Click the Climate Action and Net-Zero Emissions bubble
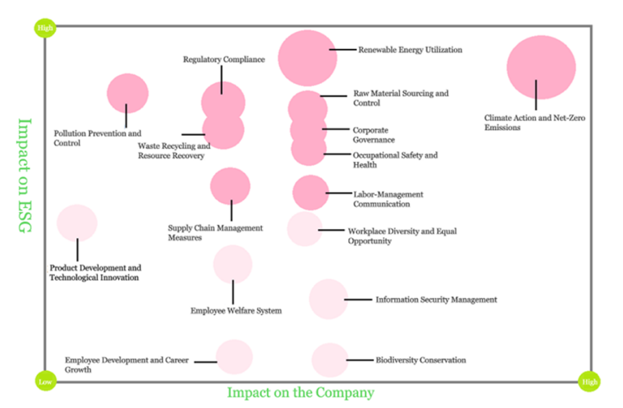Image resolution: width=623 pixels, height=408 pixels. [x=541, y=67]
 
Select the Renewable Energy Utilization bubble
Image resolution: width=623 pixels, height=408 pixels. [x=307, y=58]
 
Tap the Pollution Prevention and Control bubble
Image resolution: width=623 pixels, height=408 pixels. [x=128, y=93]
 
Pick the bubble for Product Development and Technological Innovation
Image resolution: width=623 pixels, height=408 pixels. [x=77, y=223]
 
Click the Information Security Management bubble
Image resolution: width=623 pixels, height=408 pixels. [x=328, y=299]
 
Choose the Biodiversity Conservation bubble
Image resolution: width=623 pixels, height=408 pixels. [x=330, y=360]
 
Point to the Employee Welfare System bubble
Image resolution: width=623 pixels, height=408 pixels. [x=233, y=264]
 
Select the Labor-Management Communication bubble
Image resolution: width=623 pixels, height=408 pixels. [x=310, y=193]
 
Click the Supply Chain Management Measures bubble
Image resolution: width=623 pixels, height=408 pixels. [x=230, y=186]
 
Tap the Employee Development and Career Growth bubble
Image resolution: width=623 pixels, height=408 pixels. [x=234, y=357]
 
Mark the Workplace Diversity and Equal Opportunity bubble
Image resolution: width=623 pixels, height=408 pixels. [x=304, y=229]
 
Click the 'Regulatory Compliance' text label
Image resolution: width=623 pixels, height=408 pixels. [x=224, y=60]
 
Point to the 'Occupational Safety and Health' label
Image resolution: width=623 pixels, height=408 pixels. [x=395, y=160]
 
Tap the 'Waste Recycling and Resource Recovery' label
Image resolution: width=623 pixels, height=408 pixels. [x=174, y=151]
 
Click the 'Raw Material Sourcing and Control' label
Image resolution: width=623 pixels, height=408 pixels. [x=401, y=98]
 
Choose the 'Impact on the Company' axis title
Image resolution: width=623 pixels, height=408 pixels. [x=300, y=392]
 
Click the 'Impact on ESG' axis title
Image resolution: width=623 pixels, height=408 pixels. [x=25, y=176]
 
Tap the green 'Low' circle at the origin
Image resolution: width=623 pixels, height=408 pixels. [x=44, y=381]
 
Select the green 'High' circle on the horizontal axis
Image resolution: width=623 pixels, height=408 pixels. [x=588, y=381]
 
